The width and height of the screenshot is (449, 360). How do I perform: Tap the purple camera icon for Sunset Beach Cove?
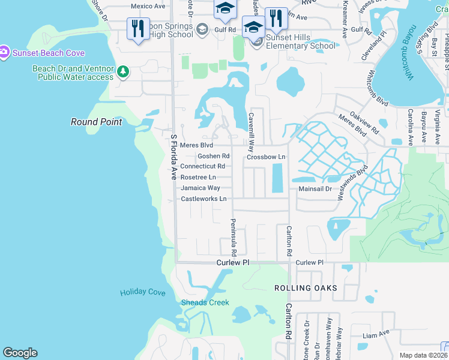pyautogui.click(x=4, y=53)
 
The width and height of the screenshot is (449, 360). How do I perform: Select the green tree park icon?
pyautogui.click(x=123, y=72)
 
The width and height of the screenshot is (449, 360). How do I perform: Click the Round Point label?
pyautogui.click(x=96, y=122)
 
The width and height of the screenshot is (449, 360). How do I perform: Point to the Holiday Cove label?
pyautogui.click(x=142, y=292)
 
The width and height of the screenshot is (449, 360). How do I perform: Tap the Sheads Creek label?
pyautogui.click(x=205, y=302)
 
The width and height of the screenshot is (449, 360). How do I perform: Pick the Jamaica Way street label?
pyautogui.click(x=200, y=188)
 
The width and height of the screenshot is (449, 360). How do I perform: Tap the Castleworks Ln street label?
pyautogui.click(x=203, y=199)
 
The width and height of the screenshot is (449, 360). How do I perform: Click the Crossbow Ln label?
pyautogui.click(x=265, y=157)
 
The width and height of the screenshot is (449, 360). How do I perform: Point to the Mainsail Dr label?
pyautogui.click(x=315, y=188)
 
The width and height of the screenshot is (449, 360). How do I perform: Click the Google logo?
pyautogui.click(x=20, y=353)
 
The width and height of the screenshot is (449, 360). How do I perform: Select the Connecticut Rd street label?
pyautogui.click(x=202, y=166)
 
